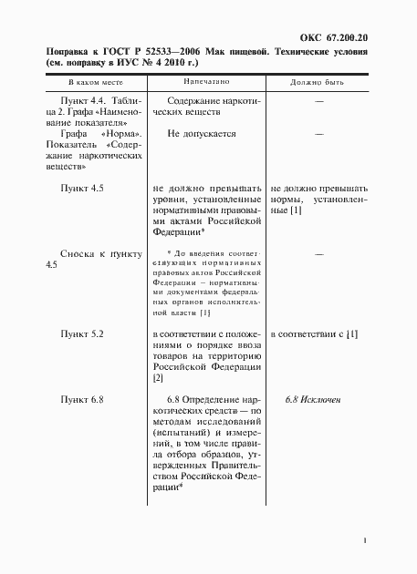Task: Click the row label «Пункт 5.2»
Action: point(82,335)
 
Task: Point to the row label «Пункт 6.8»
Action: point(82,400)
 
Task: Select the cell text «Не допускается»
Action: point(202,133)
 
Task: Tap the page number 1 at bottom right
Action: point(364,541)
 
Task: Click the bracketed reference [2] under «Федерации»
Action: point(159,377)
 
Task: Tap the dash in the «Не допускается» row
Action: point(319,133)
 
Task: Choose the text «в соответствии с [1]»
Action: point(314,335)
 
